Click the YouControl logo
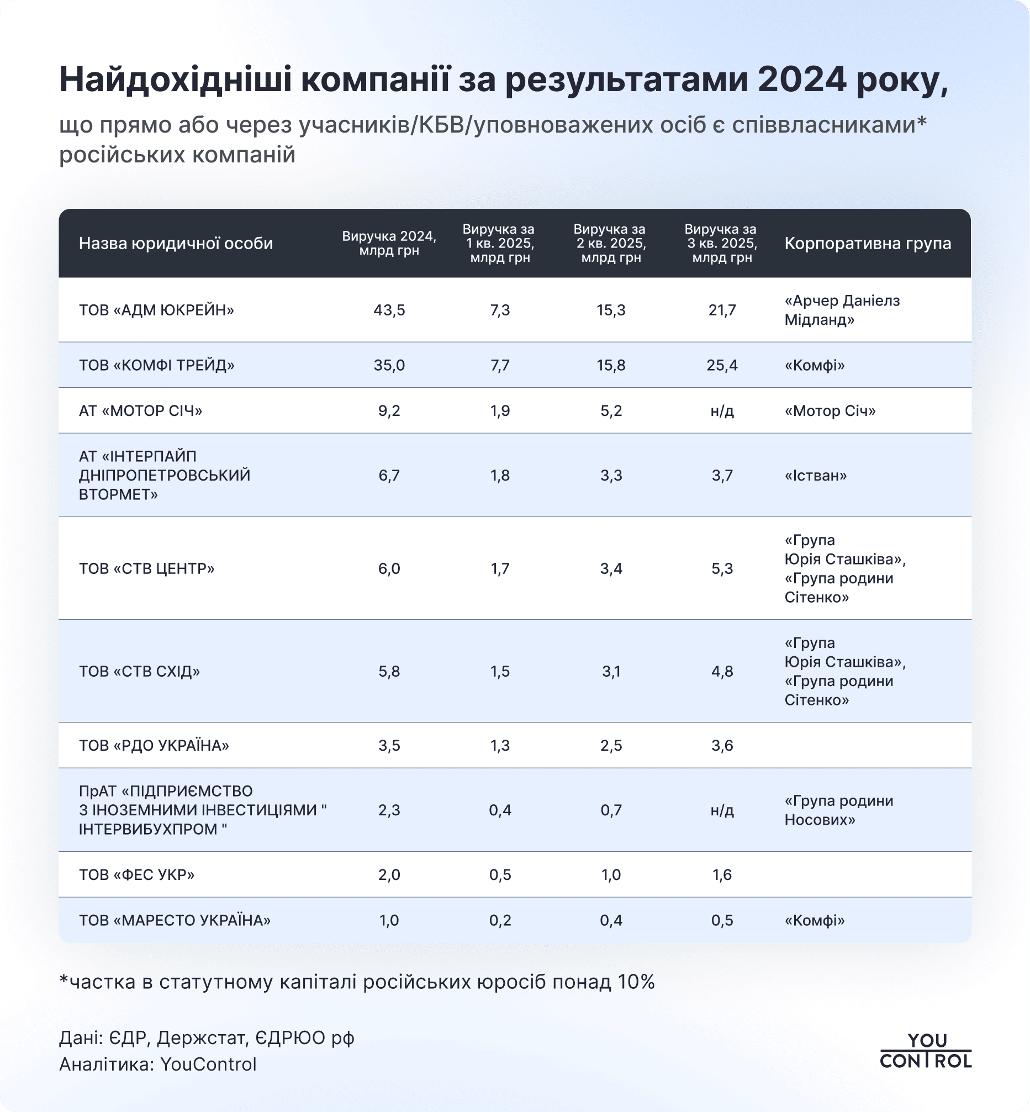[x=925, y=1050]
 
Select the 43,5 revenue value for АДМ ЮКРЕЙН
[x=389, y=310]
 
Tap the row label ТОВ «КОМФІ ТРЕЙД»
[x=157, y=365]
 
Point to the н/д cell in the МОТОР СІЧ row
[x=722, y=411]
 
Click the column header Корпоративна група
[x=867, y=243]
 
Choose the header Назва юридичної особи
[x=176, y=243]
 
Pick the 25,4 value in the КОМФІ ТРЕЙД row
[x=722, y=365]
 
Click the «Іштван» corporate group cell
[x=815, y=476]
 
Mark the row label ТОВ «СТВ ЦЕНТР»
[x=146, y=568]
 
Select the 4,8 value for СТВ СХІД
[x=722, y=671]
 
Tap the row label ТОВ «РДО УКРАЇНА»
[x=154, y=745]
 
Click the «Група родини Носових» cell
[x=838, y=810]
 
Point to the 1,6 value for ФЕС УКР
[x=722, y=874]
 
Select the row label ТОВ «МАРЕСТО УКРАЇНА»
[x=175, y=920]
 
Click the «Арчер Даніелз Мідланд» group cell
[x=842, y=310]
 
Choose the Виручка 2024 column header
[x=389, y=243]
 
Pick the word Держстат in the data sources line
[x=201, y=1038]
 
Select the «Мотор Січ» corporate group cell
[x=830, y=411]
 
